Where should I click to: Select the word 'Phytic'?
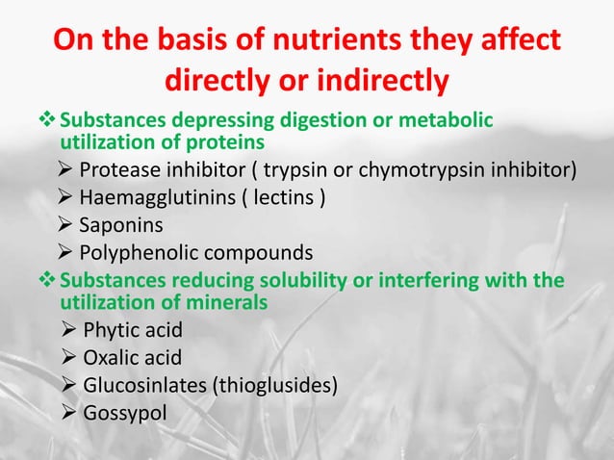pos(112,332)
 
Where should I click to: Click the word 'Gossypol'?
pos(123,413)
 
